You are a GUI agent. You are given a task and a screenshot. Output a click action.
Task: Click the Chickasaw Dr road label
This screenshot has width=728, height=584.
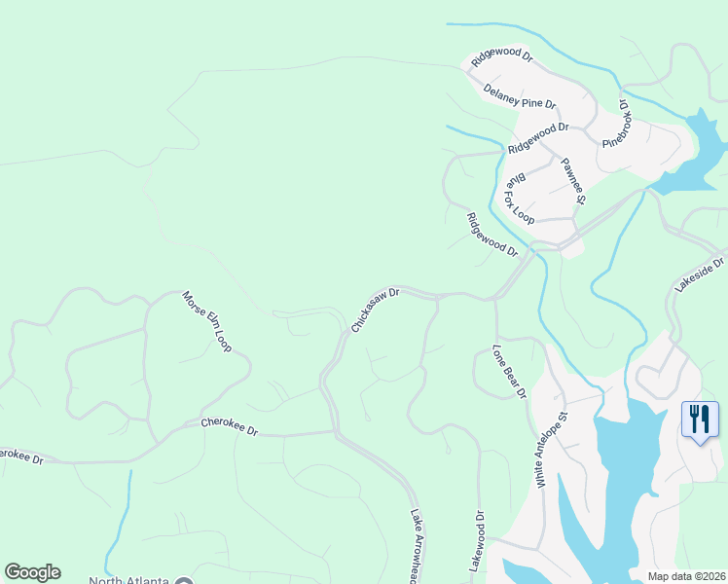(x=376, y=310)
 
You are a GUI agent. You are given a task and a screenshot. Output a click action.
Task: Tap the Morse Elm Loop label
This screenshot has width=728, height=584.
(x=207, y=320)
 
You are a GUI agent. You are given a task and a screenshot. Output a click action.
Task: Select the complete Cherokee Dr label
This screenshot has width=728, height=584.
(x=229, y=425)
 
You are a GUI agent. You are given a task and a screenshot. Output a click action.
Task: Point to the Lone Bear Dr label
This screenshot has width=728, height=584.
(x=509, y=371)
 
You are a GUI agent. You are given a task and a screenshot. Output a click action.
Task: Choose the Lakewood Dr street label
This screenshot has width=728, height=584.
(x=478, y=540)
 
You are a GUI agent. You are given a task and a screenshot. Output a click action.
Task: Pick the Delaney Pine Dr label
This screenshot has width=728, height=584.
(x=520, y=95)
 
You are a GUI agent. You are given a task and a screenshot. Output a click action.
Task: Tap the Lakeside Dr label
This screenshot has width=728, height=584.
(x=701, y=274)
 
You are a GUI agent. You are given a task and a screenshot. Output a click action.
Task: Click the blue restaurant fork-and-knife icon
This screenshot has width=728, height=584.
(x=700, y=420)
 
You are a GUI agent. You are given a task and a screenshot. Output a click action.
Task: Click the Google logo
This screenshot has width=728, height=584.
(x=32, y=572)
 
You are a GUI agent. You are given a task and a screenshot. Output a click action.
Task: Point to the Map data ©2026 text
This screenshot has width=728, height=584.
(x=687, y=576)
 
